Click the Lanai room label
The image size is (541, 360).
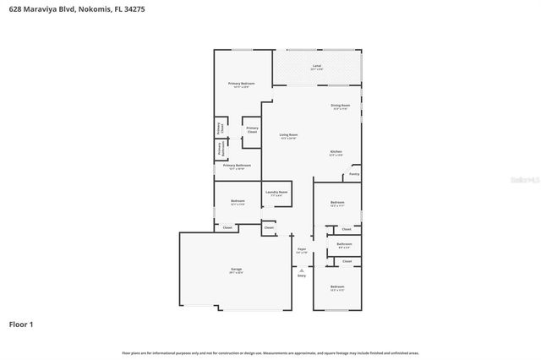click(316, 66)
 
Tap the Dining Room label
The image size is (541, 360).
click(341, 106)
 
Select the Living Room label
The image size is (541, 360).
click(288, 135)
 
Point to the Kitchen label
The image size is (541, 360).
click(336, 152)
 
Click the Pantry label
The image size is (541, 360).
click(354, 175)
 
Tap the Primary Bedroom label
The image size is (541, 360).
click(241, 84)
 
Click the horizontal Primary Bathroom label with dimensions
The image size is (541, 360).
click(238, 166)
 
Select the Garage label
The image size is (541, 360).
click(236, 270)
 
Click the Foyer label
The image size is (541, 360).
click(301, 249)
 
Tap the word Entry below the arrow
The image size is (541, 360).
click(302, 275)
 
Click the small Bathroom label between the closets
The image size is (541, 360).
click(344, 244)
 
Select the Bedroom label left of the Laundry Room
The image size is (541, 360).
click(238, 201)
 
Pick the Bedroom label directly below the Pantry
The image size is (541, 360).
click(337, 202)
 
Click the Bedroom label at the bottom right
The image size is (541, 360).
click(337, 287)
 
